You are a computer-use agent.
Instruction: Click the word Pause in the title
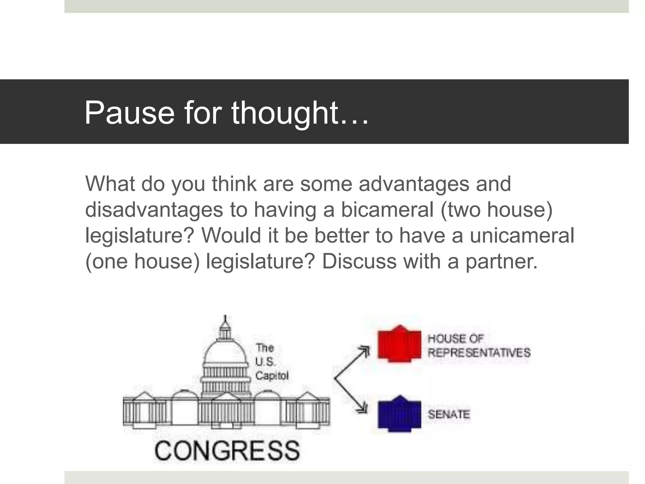pos(129,113)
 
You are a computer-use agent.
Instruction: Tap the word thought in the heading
pos(285,113)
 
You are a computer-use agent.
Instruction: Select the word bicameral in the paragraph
pos(387,210)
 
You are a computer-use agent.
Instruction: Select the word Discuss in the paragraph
pos(359,262)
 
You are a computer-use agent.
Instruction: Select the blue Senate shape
pos(399,414)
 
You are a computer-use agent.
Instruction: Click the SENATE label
pos(449,414)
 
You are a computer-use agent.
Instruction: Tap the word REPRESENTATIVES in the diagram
pos(479,353)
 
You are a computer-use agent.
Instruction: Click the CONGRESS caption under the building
pos(227,450)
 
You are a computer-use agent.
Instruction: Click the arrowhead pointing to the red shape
pos(365,350)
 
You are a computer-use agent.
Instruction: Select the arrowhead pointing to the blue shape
pos(364,408)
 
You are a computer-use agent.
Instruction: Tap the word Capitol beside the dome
pos(272,376)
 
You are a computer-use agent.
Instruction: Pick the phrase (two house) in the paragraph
pos(496,210)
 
